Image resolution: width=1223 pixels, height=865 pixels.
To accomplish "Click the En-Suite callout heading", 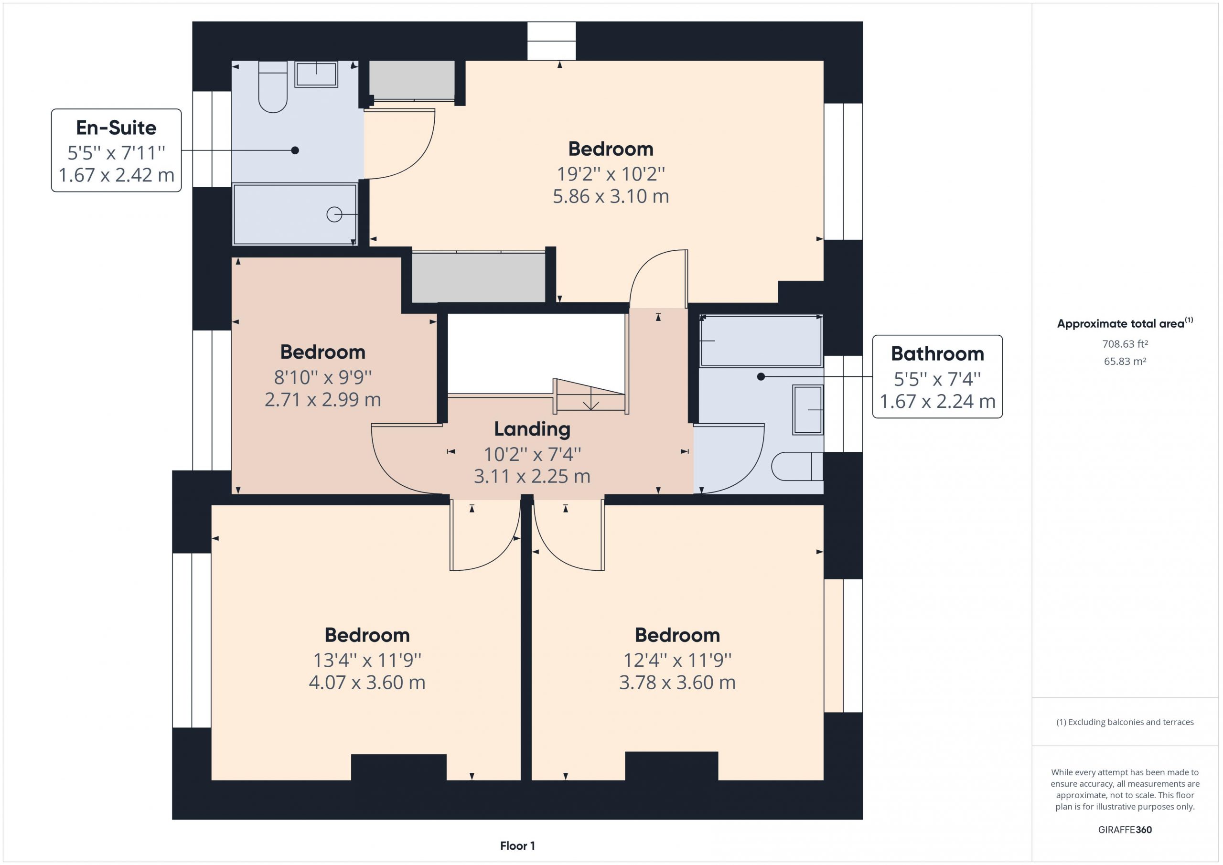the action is pyautogui.click(x=116, y=128).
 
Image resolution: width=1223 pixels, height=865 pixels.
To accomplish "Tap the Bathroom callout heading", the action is pyautogui.click(x=937, y=353).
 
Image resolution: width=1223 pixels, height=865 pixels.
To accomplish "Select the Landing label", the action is pyautogui.click(x=532, y=429).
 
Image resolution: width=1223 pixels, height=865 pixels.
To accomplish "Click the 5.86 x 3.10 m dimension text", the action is pyautogui.click(x=611, y=196).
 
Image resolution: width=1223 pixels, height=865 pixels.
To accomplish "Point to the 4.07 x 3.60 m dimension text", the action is pyautogui.click(x=367, y=683).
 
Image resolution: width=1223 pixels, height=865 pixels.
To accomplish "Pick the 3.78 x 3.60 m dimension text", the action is pyautogui.click(x=677, y=683).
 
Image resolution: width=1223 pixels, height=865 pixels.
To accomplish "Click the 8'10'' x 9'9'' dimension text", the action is pyautogui.click(x=323, y=378).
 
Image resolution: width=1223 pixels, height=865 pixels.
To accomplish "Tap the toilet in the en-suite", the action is pyautogui.click(x=273, y=87).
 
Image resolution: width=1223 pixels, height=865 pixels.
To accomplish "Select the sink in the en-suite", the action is pyautogui.click(x=316, y=74).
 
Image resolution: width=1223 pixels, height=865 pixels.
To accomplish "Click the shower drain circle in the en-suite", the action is pyautogui.click(x=334, y=214).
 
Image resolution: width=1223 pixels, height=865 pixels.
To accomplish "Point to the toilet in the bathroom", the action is pyautogui.click(x=797, y=467).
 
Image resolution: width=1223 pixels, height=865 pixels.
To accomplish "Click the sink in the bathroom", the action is pyautogui.click(x=808, y=410).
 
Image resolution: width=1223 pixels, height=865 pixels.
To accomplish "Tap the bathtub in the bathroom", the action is pyautogui.click(x=761, y=341).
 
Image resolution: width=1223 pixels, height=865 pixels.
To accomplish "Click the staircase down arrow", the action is pyautogui.click(x=591, y=399).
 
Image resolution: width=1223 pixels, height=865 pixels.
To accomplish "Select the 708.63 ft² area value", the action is pyautogui.click(x=1125, y=344).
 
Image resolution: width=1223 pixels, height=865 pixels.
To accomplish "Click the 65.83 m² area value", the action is pyautogui.click(x=1125, y=361).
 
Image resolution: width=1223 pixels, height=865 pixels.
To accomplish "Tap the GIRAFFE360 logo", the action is pyautogui.click(x=1125, y=830).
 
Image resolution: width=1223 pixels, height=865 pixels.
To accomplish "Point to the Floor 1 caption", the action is pyautogui.click(x=517, y=846).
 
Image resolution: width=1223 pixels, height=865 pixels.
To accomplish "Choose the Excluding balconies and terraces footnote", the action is pyautogui.click(x=1125, y=722).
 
